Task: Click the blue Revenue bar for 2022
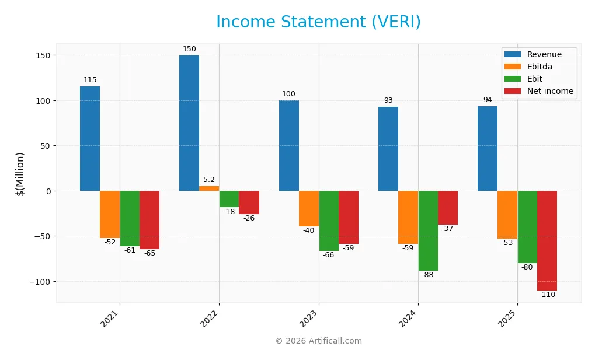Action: [189, 123]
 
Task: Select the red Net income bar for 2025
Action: [547, 240]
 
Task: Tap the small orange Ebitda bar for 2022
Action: [209, 188]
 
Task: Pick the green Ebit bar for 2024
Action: [428, 230]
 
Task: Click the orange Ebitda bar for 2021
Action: [110, 214]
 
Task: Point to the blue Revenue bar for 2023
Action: [289, 146]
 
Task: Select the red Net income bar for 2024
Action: [448, 208]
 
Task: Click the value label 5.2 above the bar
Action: [209, 180]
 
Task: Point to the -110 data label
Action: [547, 295]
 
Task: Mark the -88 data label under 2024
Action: [428, 275]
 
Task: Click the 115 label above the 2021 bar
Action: [90, 80]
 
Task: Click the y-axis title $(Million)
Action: [20, 173]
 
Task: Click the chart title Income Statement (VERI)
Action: [318, 22]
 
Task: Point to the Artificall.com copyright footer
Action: [318, 341]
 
